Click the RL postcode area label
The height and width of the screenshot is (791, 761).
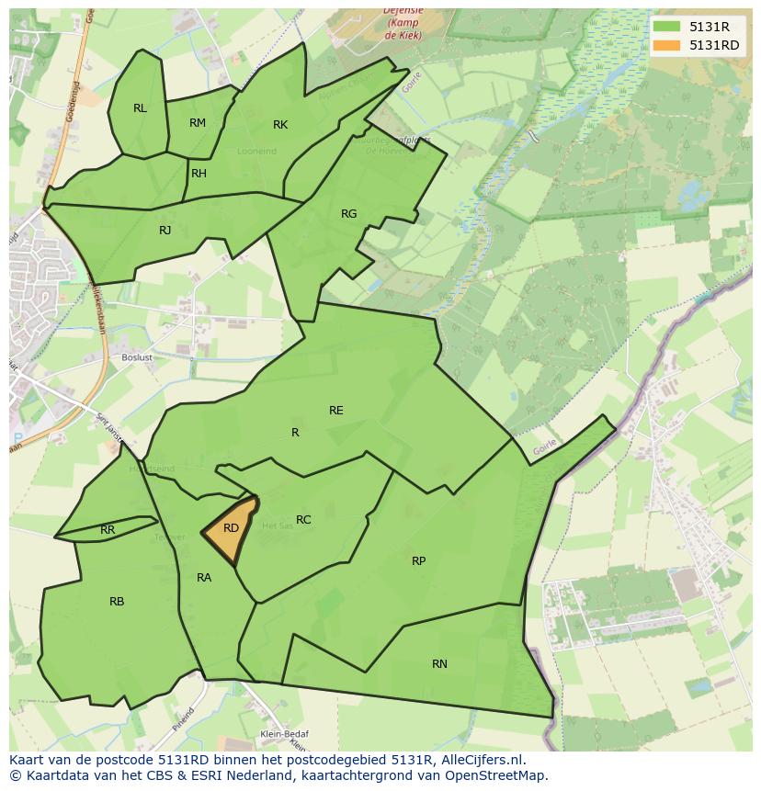click(140, 108)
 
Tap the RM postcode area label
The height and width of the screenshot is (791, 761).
click(198, 123)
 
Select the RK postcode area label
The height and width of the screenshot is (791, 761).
click(280, 125)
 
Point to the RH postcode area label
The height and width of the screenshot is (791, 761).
click(199, 174)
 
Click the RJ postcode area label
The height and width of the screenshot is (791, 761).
click(165, 231)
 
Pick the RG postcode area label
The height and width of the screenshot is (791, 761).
click(349, 214)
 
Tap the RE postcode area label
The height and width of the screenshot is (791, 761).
click(336, 411)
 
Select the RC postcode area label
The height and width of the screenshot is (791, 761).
click(303, 520)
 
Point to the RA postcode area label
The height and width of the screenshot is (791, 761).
click(204, 578)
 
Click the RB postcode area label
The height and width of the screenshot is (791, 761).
click(117, 602)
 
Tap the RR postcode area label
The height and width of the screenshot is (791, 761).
click(108, 530)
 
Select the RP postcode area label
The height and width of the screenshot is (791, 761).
click(419, 560)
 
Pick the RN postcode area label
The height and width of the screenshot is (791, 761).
click(440, 663)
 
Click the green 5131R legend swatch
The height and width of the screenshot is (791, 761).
click(667, 27)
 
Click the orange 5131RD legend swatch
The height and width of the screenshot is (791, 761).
click(667, 45)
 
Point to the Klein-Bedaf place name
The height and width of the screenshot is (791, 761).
click(283, 734)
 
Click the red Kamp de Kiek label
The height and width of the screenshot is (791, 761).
click(403, 22)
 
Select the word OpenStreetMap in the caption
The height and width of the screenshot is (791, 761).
click(497, 775)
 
